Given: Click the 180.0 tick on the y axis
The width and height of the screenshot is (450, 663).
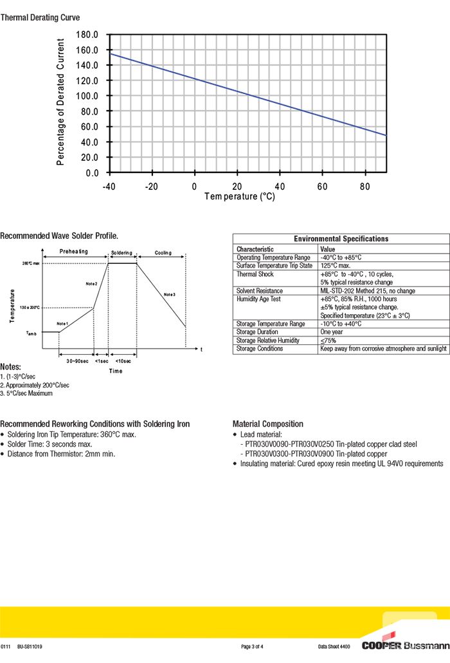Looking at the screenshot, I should point(87,34).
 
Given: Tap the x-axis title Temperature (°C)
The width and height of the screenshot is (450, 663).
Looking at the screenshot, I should point(240,196).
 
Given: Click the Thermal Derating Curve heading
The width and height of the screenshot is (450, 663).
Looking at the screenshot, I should point(40,17).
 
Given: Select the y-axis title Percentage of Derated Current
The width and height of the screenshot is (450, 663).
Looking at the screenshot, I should point(61,102).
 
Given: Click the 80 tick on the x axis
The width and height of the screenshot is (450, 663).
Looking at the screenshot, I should point(365,187).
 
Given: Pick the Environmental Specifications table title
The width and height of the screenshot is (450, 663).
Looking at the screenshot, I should point(341,239).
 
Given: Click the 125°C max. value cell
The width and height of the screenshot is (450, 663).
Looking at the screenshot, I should point(336,266).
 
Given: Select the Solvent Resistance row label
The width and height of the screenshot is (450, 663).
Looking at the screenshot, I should point(259,291).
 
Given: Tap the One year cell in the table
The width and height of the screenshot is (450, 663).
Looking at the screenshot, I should point(333,332).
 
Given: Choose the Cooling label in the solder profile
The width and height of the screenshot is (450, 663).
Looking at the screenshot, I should point(163,252).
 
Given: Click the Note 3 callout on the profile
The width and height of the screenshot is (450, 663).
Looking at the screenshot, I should point(170,294).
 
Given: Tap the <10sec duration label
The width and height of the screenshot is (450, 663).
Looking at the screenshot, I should point(123,361).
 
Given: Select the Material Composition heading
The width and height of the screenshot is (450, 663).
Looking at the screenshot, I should point(267,424).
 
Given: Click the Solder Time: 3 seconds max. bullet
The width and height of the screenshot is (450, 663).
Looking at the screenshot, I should point(50,444).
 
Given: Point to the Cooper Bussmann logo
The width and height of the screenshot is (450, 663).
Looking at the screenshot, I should point(405,645).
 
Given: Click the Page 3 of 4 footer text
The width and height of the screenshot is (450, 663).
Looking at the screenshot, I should point(252,646).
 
